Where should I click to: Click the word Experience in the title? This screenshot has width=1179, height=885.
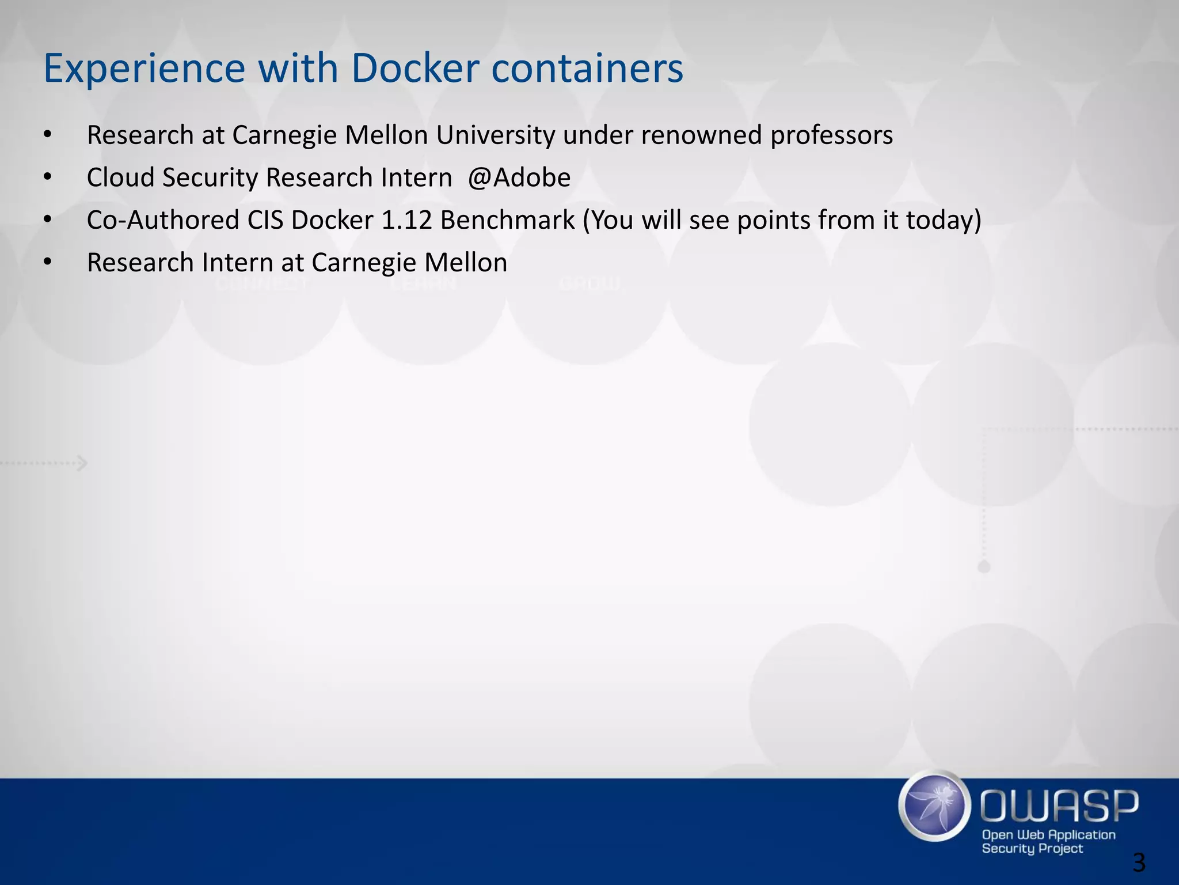click(144, 69)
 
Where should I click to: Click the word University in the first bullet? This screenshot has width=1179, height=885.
click(496, 135)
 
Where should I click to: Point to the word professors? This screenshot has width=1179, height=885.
click(831, 135)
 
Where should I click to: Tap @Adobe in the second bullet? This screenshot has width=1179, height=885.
click(519, 177)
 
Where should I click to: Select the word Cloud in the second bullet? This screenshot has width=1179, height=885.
click(121, 177)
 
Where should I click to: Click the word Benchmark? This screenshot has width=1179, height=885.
click(507, 220)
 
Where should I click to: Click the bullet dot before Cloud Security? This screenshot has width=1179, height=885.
click(47, 177)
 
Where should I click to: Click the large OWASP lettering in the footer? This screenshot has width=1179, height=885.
click(1059, 805)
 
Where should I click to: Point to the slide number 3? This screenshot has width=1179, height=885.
click(1138, 863)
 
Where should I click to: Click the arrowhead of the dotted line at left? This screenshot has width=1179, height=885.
click(83, 463)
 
